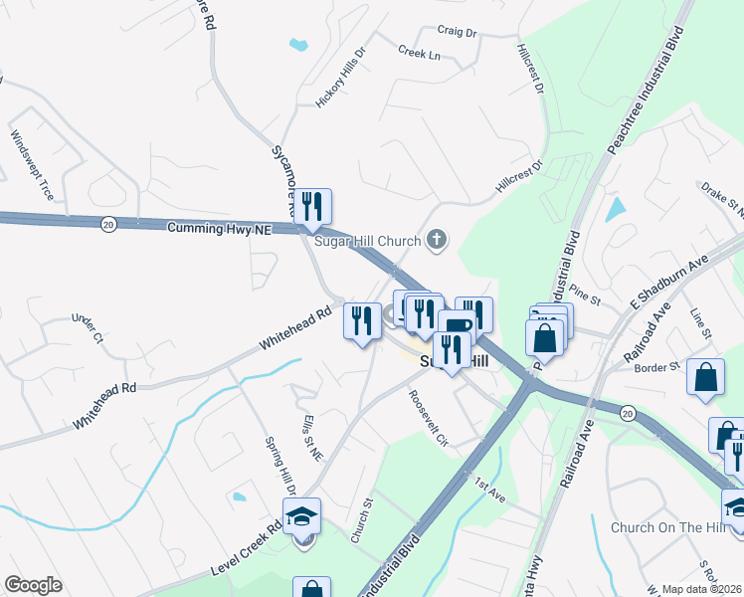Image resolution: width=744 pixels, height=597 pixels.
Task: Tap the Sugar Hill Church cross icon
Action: pos(436,239)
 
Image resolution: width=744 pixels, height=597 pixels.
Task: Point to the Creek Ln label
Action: pos(419,53)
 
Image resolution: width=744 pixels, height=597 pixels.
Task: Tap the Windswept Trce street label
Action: pos(32,165)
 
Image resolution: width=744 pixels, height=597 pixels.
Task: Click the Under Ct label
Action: pos(87,328)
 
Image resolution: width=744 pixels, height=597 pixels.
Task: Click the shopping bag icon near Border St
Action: pos(705,377)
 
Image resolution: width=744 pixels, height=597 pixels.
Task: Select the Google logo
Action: pos(33,585)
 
